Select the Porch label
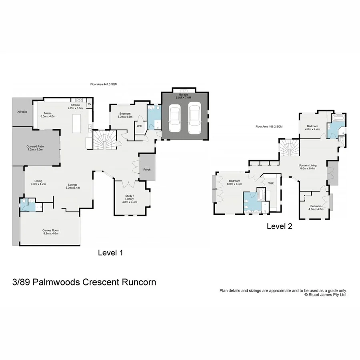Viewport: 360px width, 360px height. [147, 169]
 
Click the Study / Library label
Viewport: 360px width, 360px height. [129, 199]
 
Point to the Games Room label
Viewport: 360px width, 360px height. [50, 232]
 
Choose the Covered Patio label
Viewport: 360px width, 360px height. [35, 148]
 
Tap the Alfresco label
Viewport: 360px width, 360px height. [22, 112]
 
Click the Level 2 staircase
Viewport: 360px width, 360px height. [288, 149]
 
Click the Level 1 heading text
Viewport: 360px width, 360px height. [110, 253]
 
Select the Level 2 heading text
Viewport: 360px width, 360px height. [279, 226]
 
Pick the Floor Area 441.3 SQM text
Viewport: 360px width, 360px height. [103, 84]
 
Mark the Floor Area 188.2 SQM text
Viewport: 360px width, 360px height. [269, 126]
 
